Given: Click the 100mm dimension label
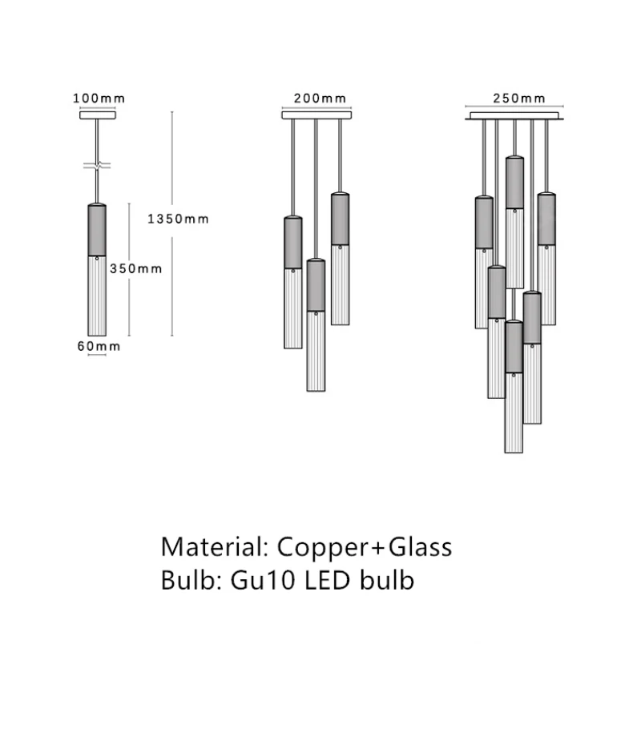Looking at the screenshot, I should [99, 99].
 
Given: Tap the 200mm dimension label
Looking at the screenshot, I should [320, 99].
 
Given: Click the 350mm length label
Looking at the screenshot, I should [135, 268].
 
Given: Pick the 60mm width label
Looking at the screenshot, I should [98, 346].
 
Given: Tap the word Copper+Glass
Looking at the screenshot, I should [365, 547].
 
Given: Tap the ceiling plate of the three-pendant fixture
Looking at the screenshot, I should [316, 115].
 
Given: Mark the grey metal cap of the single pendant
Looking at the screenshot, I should [97, 231].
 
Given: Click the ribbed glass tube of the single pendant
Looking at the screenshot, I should [97, 296].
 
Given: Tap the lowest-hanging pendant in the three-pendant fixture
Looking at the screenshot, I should [316, 328].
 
